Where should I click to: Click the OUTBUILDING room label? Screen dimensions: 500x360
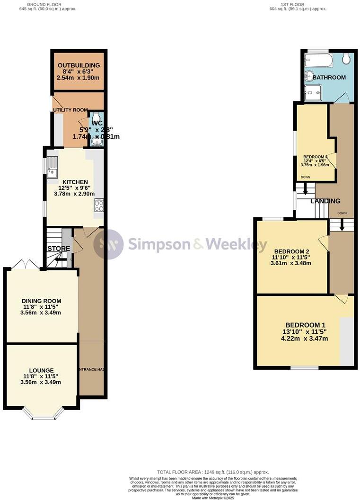click(79, 65)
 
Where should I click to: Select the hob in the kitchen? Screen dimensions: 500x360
click(99, 205)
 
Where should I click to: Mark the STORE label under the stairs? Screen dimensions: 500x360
click(58, 248)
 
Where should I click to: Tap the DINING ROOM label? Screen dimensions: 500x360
click(42, 301)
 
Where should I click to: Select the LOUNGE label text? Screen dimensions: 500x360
click(41, 370)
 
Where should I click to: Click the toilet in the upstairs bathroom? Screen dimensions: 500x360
click(346, 59)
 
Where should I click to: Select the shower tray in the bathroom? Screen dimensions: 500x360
click(314, 92)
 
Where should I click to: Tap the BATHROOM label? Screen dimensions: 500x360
click(329, 77)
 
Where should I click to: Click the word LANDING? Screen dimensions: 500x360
click(325, 201)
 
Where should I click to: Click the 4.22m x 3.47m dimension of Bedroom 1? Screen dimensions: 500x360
click(305, 339)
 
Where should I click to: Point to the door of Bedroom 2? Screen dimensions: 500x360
click(323, 242)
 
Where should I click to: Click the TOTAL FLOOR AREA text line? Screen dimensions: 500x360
click(213, 472)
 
